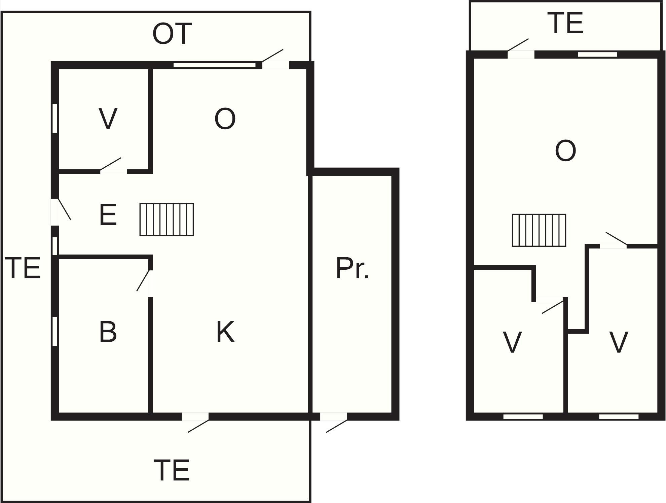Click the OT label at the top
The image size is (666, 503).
click(172, 34)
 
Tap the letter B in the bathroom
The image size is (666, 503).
click(108, 332)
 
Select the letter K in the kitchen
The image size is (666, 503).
click(225, 332)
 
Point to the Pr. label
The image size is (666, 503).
click(352, 268)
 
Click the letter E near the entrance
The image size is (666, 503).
click(108, 215)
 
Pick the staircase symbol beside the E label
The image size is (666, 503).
click(166, 220)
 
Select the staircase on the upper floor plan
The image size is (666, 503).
click(539, 230)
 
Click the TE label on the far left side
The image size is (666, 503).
click(23, 268)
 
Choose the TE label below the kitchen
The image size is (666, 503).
click(172, 470)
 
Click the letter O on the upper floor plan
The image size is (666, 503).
click(565, 151)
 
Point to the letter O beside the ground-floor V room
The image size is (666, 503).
click(225, 119)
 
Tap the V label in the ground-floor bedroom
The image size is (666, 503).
click(108, 119)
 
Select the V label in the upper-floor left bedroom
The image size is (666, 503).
click(512, 342)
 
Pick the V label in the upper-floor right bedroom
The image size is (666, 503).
click(619, 342)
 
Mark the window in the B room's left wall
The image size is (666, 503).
click(55, 331)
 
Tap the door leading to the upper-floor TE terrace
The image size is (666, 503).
click(521, 49)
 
